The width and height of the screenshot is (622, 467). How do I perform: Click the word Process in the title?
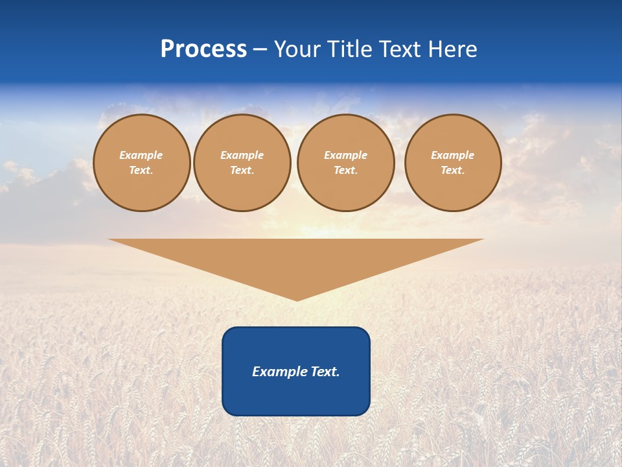point(203,49)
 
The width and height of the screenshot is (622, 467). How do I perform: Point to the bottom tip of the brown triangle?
point(297,299)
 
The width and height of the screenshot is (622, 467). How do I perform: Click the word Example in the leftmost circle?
point(141,155)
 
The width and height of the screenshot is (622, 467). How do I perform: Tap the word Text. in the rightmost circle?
point(453,170)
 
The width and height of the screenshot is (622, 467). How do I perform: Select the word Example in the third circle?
point(346,155)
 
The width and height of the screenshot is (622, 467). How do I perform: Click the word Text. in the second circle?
point(242,170)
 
